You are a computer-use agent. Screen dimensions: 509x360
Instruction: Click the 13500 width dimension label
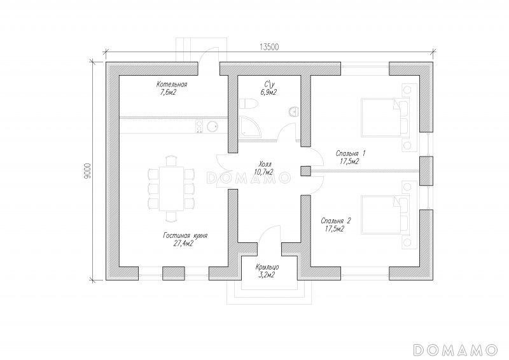coord(269,47)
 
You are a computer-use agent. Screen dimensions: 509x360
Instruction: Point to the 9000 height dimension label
coord(90,170)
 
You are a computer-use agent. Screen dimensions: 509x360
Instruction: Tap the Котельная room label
coord(172,85)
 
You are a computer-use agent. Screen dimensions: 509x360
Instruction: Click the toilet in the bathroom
coord(248,104)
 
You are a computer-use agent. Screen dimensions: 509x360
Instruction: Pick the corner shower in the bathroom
coord(250,127)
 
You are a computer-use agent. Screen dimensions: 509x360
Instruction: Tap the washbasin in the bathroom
coord(293,111)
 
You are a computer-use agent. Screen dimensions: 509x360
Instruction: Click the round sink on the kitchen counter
coord(213,126)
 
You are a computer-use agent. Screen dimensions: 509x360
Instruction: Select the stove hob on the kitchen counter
coord(199,127)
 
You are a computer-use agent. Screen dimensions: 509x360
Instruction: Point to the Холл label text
coord(265,163)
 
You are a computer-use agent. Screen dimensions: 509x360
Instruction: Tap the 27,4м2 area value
coord(183,244)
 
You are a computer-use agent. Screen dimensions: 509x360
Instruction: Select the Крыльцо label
coord(267,268)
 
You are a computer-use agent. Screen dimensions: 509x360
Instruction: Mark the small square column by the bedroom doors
coord(305,170)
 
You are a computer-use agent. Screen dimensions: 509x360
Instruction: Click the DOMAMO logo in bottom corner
coord(456,350)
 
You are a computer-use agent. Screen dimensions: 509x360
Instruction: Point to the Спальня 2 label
coord(336,221)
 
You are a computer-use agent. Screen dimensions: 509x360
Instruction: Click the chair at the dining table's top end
coord(171,161)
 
